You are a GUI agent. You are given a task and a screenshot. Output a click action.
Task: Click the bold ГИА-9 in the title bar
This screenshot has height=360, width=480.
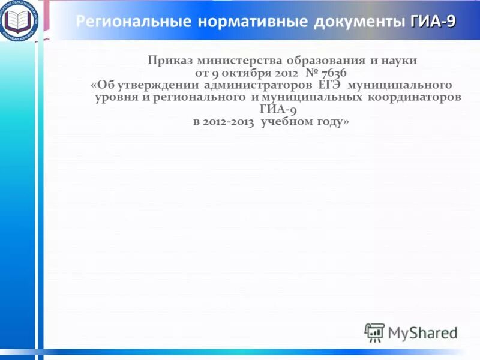(x=433, y=22)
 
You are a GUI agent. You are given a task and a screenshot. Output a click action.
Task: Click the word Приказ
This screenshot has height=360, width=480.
(x=169, y=61)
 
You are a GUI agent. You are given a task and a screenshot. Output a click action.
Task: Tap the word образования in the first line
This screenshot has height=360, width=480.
(x=319, y=61)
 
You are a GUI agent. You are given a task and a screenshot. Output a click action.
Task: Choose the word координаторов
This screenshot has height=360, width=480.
(x=414, y=97)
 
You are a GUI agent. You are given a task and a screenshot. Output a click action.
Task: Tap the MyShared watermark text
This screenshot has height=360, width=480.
(x=422, y=332)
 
